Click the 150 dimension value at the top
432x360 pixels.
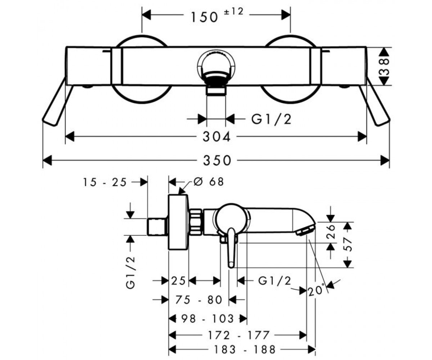point(204,17)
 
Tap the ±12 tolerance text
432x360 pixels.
point(234,12)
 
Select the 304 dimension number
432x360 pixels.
point(216,137)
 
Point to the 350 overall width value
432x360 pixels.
point(217,160)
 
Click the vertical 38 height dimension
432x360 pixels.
point(384,66)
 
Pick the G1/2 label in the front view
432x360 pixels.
point(271,119)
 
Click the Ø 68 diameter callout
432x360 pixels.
point(209,182)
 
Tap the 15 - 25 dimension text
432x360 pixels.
point(104,182)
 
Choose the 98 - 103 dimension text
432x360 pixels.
point(207,319)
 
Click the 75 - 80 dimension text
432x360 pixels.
point(199,300)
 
